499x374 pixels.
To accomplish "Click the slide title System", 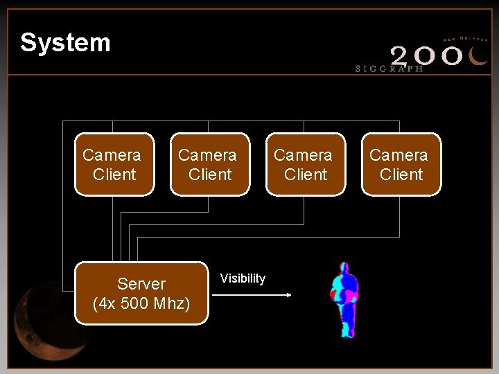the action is coord(65,43).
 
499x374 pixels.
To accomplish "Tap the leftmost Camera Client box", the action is coord(114,165).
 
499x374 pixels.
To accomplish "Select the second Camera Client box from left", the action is coord(210,165).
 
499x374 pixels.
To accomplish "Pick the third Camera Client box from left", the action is coord(306,165).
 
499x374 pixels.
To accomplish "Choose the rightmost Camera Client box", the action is coord(401,165).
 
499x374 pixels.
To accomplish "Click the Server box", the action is coord(141,293).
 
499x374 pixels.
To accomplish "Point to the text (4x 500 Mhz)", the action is coord(141,303).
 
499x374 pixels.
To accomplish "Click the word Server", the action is coord(141,284).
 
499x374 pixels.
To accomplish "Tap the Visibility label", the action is coord(243,278).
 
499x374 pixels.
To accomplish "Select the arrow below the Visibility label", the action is coord(251,295).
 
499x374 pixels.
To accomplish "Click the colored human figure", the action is coord(344,299).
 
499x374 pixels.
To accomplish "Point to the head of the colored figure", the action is coord(343,268).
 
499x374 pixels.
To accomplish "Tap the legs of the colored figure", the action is coord(347,322).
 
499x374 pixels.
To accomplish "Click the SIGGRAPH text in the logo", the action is coord(389,69).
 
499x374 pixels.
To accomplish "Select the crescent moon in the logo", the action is coord(478,55).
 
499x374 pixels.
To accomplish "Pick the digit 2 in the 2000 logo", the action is coord(403,55).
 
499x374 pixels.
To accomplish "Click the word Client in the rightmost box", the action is coord(401,175).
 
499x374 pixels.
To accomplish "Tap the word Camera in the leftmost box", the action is coord(112,155).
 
